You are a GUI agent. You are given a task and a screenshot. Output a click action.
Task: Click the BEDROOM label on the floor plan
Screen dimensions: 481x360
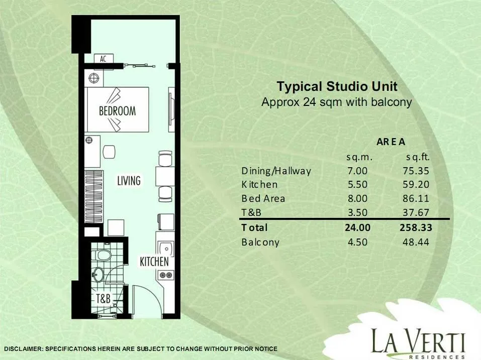117,110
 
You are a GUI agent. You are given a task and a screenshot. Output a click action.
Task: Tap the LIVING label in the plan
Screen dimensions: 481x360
129,180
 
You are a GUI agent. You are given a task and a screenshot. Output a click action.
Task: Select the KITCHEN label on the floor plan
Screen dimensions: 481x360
154,262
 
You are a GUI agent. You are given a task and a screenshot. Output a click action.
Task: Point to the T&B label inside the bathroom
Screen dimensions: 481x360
103,298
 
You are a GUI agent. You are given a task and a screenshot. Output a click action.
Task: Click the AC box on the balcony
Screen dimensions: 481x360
104,59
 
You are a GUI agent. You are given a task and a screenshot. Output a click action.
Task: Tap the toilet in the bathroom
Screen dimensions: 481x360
102,255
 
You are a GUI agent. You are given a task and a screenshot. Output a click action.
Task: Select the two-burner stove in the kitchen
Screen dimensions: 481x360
166,275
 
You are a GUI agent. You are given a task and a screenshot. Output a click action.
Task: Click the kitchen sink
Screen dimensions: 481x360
166,248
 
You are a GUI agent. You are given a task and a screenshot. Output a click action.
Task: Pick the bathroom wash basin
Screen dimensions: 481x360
98,274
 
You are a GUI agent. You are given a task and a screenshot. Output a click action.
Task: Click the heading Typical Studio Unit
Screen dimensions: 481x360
337,86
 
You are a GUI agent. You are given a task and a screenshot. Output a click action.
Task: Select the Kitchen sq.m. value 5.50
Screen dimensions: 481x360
357,184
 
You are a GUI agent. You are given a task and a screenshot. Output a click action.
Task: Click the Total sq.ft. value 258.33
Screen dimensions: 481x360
416,227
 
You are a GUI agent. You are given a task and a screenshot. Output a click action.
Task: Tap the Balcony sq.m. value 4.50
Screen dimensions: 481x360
357,242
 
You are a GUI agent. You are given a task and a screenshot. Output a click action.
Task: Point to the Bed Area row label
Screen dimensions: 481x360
263,198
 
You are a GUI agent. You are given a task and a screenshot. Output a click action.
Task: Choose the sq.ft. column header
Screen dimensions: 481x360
418,157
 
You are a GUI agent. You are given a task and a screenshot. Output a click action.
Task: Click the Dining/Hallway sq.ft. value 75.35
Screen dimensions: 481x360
416,171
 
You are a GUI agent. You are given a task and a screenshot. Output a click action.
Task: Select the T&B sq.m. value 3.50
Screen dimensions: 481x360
357,212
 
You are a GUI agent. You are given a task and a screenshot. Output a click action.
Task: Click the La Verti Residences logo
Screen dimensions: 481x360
418,343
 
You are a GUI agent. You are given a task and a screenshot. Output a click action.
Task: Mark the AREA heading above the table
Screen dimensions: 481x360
391,142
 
